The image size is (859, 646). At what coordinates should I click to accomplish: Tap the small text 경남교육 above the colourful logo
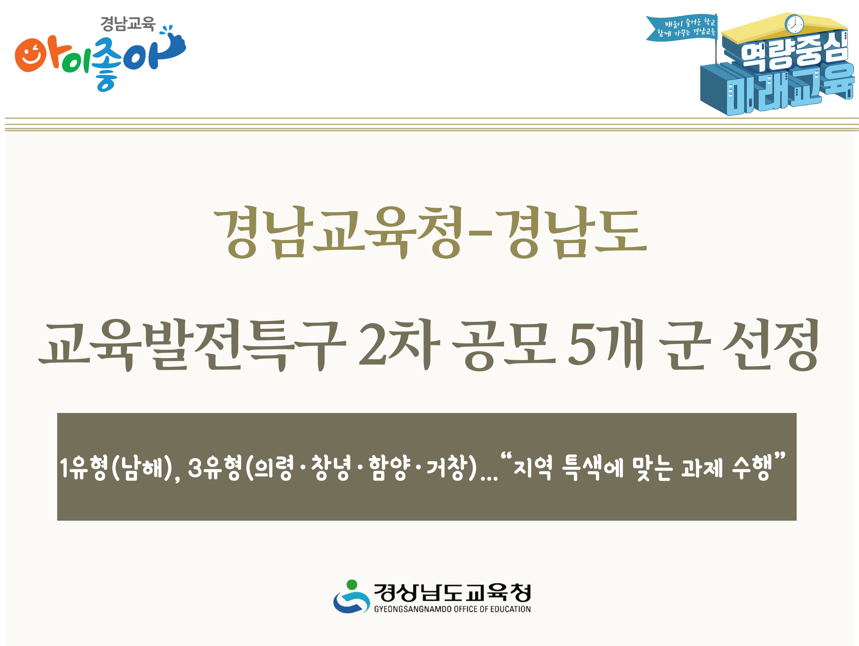point(128,24)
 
